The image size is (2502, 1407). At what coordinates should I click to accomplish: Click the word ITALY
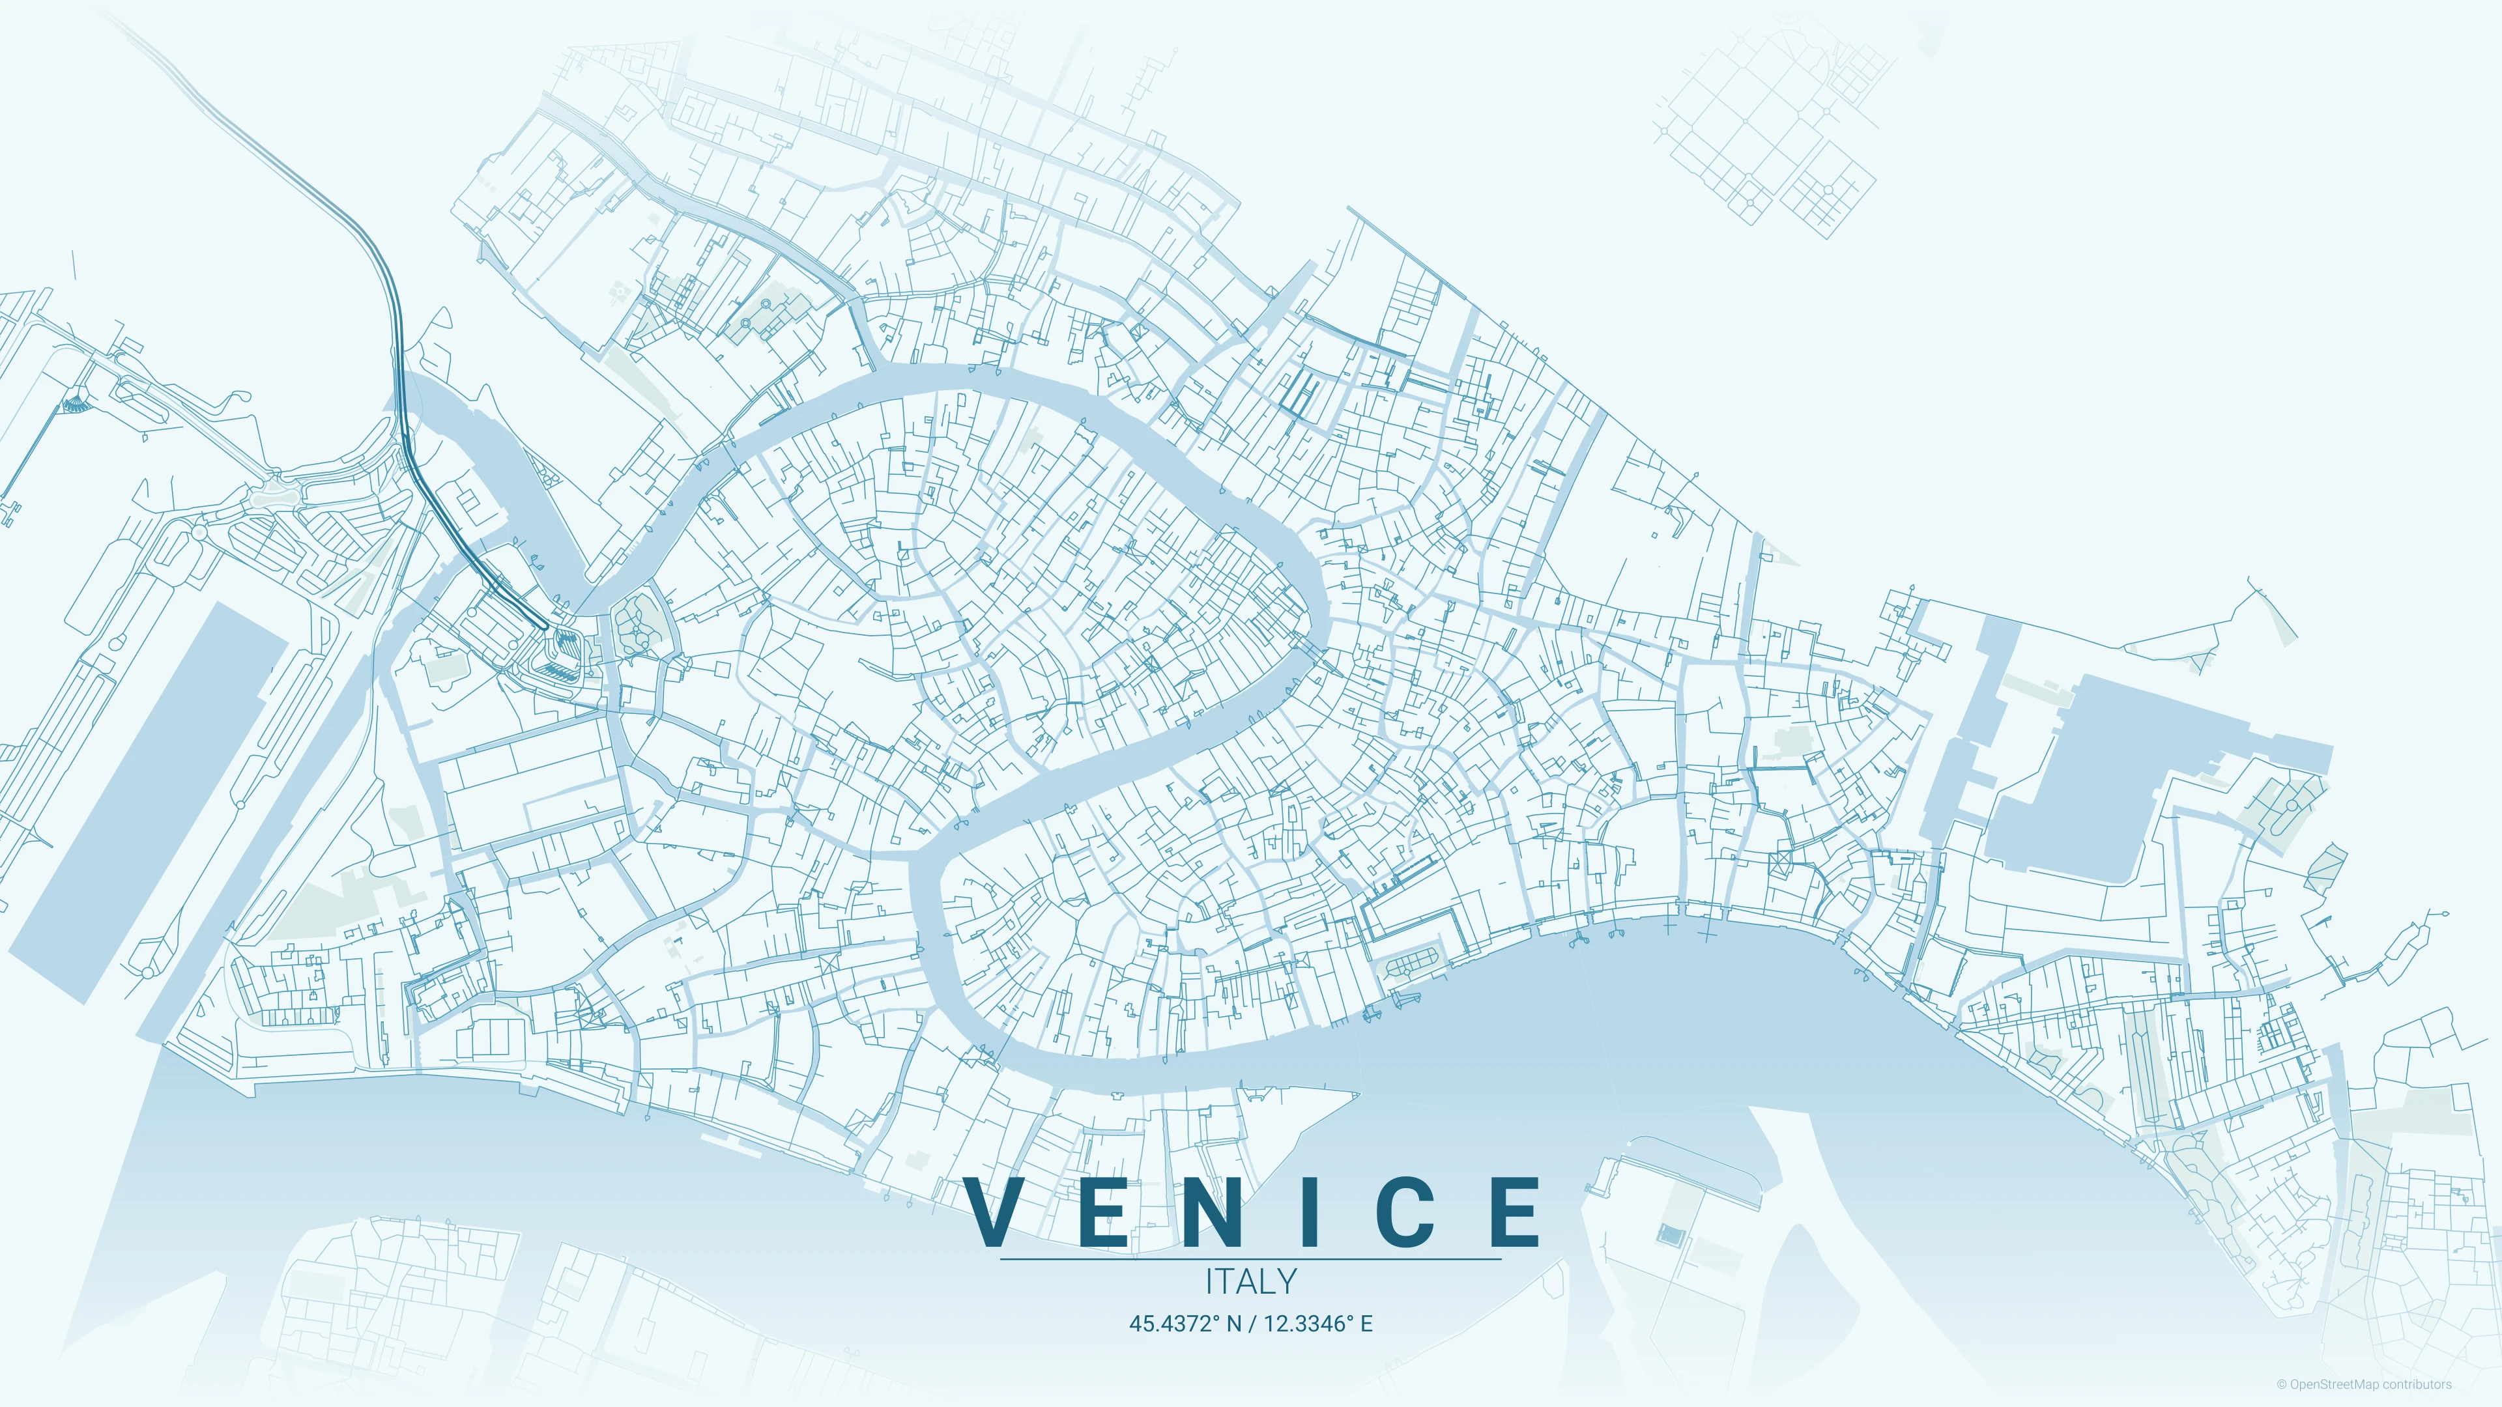pos(1251,1282)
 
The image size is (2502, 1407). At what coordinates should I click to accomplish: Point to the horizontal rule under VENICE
pos(1251,1259)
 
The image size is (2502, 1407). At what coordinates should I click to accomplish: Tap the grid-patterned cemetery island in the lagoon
pos(1768,126)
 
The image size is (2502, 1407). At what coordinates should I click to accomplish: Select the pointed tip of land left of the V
pos(1356,1095)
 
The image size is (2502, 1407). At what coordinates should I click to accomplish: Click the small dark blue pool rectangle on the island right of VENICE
pos(1669,1235)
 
